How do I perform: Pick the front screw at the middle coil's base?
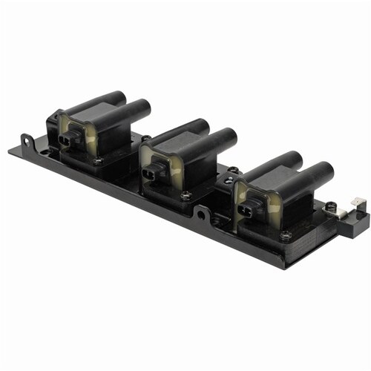point(185,196)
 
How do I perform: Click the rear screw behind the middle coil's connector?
point(146,139)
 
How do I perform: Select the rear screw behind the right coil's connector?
point(234,170)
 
